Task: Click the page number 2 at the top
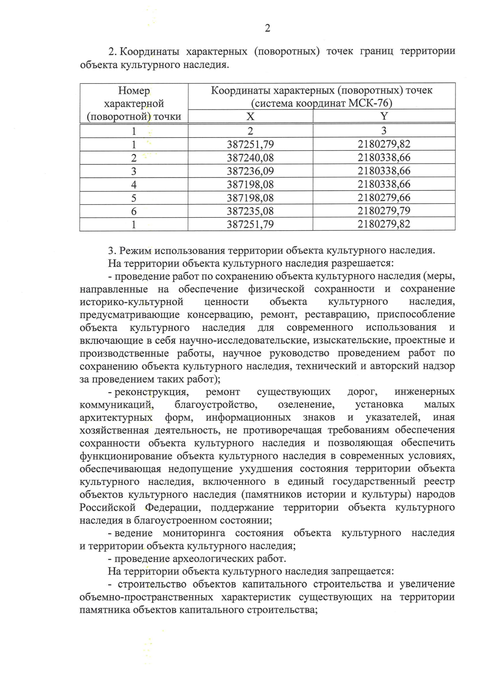point(267,28)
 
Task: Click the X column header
point(250,116)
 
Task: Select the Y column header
point(384,116)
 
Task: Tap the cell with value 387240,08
point(250,158)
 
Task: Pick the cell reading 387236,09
point(250,171)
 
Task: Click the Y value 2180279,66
point(384,198)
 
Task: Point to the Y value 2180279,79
point(384,211)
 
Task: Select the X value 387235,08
point(250,211)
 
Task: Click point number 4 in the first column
point(134,185)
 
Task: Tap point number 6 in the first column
point(134,211)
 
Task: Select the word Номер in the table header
point(134,91)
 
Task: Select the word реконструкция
point(151,392)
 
